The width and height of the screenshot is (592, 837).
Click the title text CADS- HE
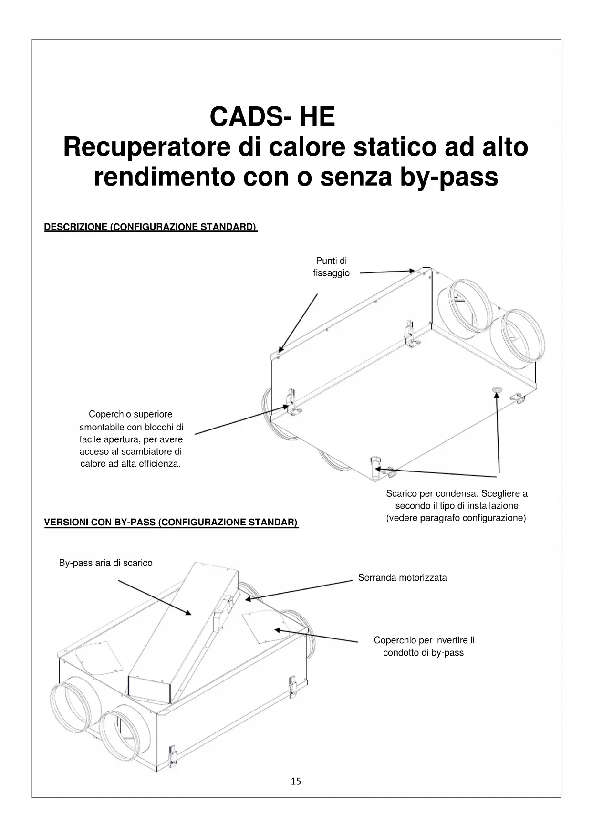tap(272, 116)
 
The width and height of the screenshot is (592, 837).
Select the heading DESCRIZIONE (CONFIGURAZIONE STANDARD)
tap(150, 227)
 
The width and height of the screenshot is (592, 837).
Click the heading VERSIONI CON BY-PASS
tap(171, 523)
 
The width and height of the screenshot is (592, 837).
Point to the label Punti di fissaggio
tap(331, 267)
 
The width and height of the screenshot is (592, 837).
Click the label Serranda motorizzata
tap(402, 578)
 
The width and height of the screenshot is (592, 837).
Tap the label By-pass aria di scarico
tap(105, 563)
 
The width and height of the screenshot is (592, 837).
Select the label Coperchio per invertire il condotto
tap(424, 646)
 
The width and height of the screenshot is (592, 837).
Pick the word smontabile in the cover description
tap(102, 427)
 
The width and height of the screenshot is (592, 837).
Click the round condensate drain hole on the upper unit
tap(497, 390)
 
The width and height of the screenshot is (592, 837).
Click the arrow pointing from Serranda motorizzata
tap(298, 589)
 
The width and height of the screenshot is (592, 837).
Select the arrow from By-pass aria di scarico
tap(155, 597)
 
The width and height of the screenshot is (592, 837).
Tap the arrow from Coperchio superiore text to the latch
tap(241, 420)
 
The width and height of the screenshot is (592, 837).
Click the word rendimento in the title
tap(165, 177)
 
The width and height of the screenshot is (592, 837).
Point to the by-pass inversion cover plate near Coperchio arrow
tap(263, 624)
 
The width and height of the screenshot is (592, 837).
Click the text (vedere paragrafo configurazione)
tap(456, 518)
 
